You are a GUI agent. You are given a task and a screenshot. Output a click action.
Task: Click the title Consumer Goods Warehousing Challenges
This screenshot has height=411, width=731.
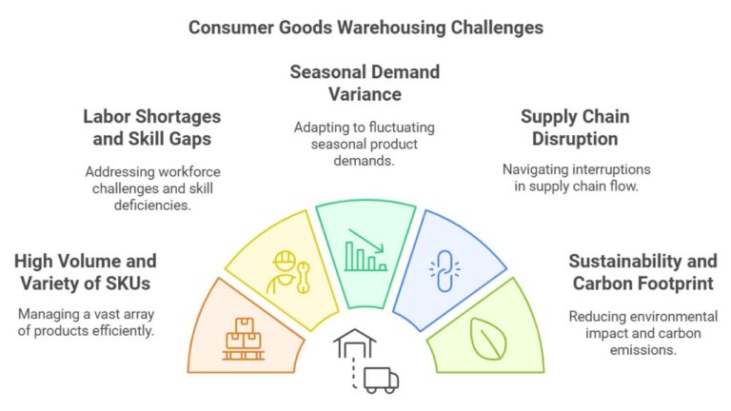365,27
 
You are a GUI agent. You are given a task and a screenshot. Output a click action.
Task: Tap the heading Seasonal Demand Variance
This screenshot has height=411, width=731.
365,82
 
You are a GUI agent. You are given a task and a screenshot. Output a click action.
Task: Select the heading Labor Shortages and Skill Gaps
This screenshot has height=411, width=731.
151,127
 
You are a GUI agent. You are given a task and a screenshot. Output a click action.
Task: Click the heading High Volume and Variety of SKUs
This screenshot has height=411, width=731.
86,271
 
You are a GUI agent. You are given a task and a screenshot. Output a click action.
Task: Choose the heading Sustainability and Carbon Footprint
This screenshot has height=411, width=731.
643,271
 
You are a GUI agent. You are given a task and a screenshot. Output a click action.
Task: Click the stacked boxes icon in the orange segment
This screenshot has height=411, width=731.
244,339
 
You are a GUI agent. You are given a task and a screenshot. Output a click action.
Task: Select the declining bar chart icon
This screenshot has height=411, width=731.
365,249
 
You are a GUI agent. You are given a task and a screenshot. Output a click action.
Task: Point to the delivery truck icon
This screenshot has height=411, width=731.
380,380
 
